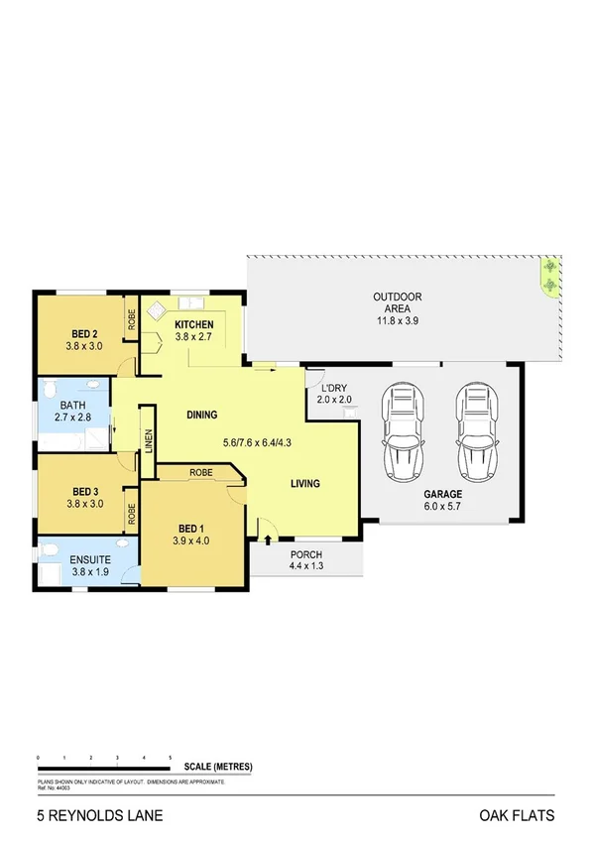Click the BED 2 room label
point(83,333)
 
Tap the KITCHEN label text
point(194,324)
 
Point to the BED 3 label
point(83,491)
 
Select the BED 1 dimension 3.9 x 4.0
point(193,541)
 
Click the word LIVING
point(305,484)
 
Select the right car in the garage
point(474,430)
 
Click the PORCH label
point(305,554)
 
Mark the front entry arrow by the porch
point(268,540)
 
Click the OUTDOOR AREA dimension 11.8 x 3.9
point(398,320)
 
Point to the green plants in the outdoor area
point(548,278)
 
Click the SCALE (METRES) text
point(218,767)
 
